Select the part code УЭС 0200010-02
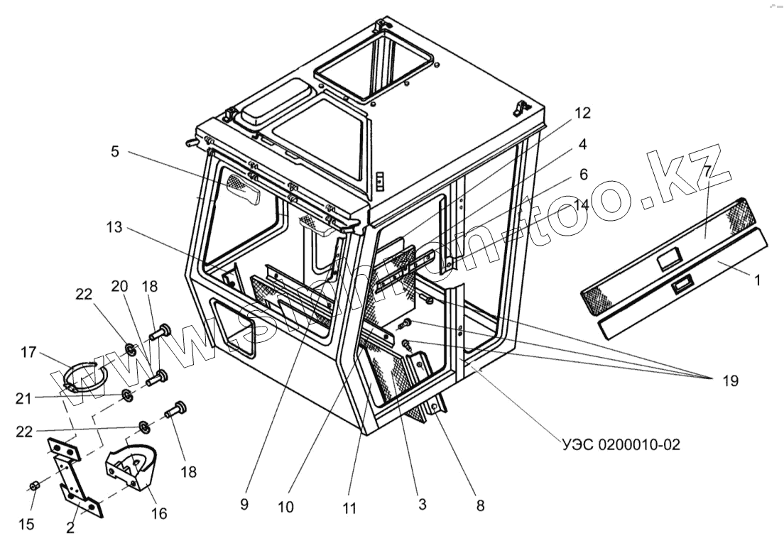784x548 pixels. click(x=619, y=446)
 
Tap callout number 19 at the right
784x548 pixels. click(x=729, y=382)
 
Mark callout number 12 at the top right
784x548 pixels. click(x=582, y=112)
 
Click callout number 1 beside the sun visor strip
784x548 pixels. click(x=757, y=280)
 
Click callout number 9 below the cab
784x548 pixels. click(x=244, y=505)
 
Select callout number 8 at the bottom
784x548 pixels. click(x=480, y=506)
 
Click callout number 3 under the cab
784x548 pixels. click(x=422, y=505)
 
